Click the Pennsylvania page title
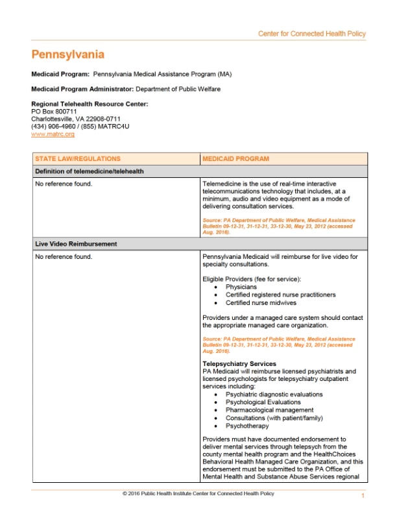coord(67,55)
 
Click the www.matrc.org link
coord(53,134)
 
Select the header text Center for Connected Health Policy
coord(311,34)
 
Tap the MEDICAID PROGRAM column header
coord(235,158)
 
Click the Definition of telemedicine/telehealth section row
coord(90,171)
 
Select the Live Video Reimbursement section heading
coord(76,244)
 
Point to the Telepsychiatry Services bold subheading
coord(239,363)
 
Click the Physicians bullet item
coord(241,286)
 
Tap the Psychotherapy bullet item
coord(247,426)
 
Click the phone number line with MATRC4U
coord(80,126)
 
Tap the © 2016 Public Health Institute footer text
coord(198,494)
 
